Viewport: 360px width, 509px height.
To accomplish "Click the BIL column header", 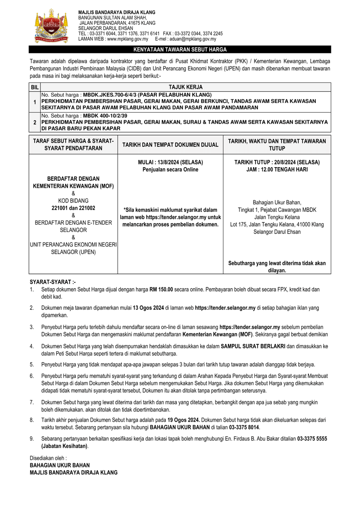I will click(x=35, y=87).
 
